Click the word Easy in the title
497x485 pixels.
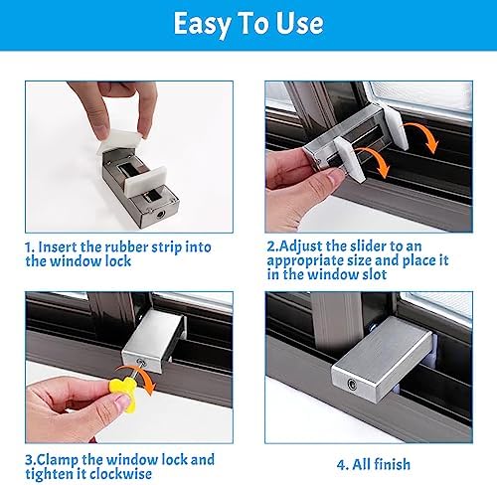(202, 24)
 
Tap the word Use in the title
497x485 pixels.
(300, 24)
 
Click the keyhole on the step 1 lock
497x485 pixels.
(160, 215)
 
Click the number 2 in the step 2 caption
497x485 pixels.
(271, 246)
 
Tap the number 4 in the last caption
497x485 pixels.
(341, 465)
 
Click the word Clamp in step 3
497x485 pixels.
(57, 460)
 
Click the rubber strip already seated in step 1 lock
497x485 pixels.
(146, 181)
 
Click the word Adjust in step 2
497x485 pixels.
(301, 247)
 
